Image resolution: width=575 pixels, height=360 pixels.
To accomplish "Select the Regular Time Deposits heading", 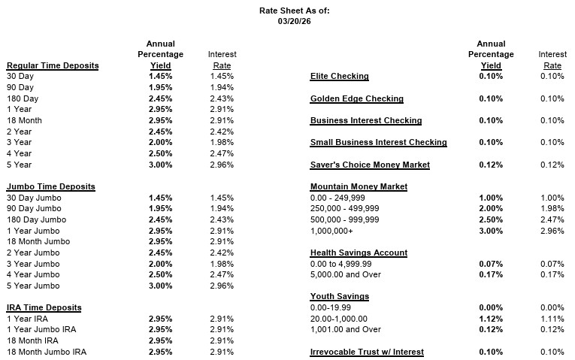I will click(53, 65).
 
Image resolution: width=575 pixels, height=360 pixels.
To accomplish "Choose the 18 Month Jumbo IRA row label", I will click(47, 352).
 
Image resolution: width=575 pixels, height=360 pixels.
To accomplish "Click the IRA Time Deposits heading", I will click(44, 307).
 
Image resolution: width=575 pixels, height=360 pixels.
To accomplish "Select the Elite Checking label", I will click(340, 77).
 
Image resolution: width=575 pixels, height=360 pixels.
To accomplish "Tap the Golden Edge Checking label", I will click(357, 98).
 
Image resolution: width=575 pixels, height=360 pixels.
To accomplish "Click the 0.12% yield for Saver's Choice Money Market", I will click(491, 165).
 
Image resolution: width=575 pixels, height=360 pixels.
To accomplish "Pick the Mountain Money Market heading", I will click(359, 186).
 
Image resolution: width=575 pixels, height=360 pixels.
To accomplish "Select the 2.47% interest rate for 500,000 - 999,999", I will click(552, 219).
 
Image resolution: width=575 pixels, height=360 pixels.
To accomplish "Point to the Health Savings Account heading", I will click(359, 253).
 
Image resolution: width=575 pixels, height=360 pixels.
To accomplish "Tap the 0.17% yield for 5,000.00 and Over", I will click(491, 274).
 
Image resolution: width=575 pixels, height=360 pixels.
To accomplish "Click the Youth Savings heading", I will click(339, 296).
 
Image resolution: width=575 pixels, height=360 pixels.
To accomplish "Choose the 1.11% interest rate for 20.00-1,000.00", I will click(552, 319).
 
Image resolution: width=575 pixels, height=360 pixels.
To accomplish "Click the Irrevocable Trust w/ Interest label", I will click(367, 352).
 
